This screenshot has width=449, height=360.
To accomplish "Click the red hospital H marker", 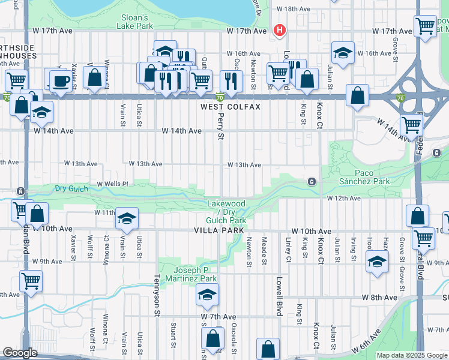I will pyautogui.click(x=279, y=30).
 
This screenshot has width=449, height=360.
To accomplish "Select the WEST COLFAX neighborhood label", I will pyautogui.click(x=231, y=107).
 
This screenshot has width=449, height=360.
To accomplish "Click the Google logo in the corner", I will pyautogui.click(x=20, y=353).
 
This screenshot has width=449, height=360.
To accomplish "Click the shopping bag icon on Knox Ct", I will pyautogui.click(x=357, y=95).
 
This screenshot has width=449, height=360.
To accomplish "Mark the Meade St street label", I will pyautogui.click(x=264, y=249).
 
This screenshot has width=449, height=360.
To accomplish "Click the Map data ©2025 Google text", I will pyautogui.click(x=411, y=355).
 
